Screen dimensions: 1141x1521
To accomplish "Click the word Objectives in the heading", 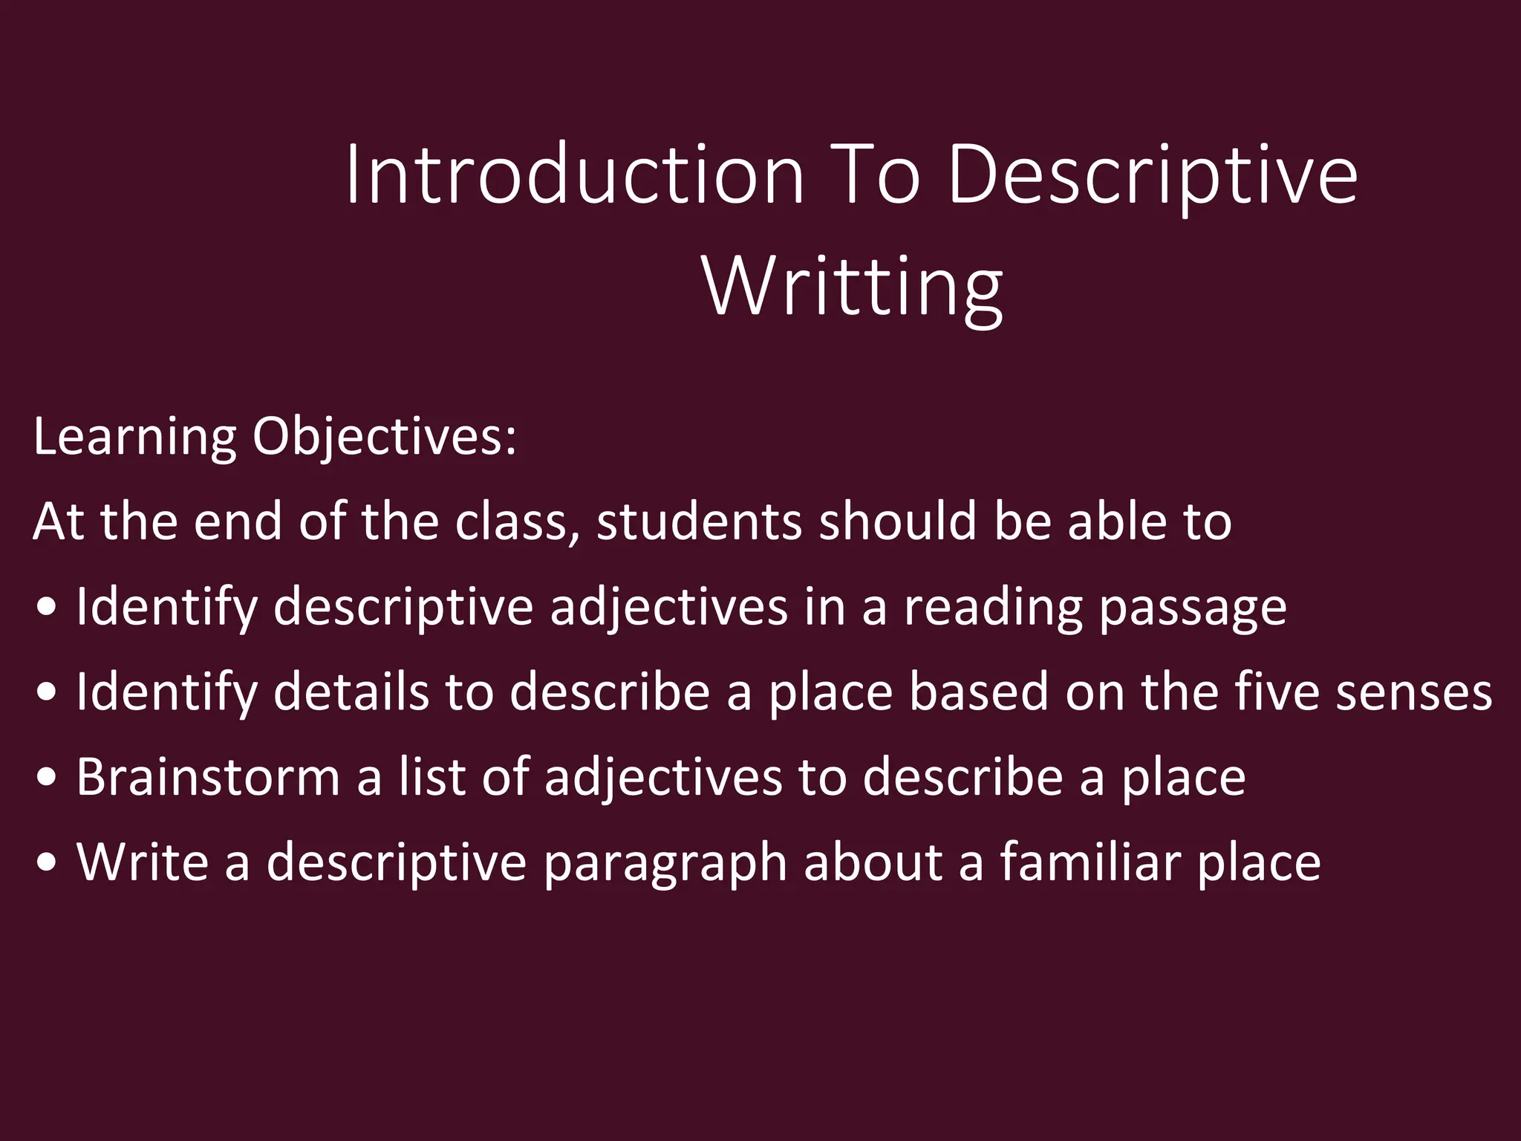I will click(384, 437).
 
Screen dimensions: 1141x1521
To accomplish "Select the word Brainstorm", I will click(208, 778).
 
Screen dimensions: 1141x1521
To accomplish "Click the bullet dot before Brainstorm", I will click(46, 778).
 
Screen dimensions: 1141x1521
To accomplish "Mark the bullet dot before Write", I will click(46, 863).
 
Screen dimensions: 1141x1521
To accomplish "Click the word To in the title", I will click(875, 175).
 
